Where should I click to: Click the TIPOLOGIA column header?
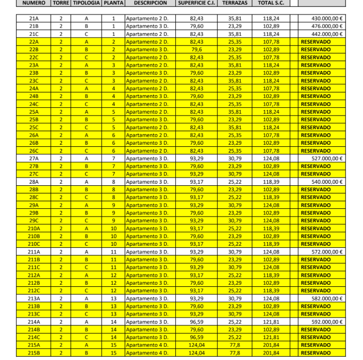coord(87,3)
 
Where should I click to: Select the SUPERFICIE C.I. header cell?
coord(196,3)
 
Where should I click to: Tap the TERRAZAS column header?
coord(234,3)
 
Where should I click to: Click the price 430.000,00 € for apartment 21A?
coord(327,18)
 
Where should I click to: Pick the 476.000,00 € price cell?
coord(327,26)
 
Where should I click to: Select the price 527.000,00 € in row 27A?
coord(327,158)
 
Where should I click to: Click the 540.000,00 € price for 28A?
coord(327,182)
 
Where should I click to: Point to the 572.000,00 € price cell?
coord(327,252)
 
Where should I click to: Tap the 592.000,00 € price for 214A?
coord(327,322)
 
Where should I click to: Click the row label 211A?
coord(34,252)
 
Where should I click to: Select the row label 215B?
coord(34,353)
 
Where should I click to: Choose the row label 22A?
coord(34,42)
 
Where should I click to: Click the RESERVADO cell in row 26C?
coord(316,151)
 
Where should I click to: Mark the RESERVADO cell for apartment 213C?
coord(316,314)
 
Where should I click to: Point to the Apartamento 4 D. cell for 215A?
coord(147,345)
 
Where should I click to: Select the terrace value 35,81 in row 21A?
coord(234,18)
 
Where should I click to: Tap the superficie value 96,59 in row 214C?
coord(197,337)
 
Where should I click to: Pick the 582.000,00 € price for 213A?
coord(327,298)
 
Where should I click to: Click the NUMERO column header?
coord(34,3)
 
